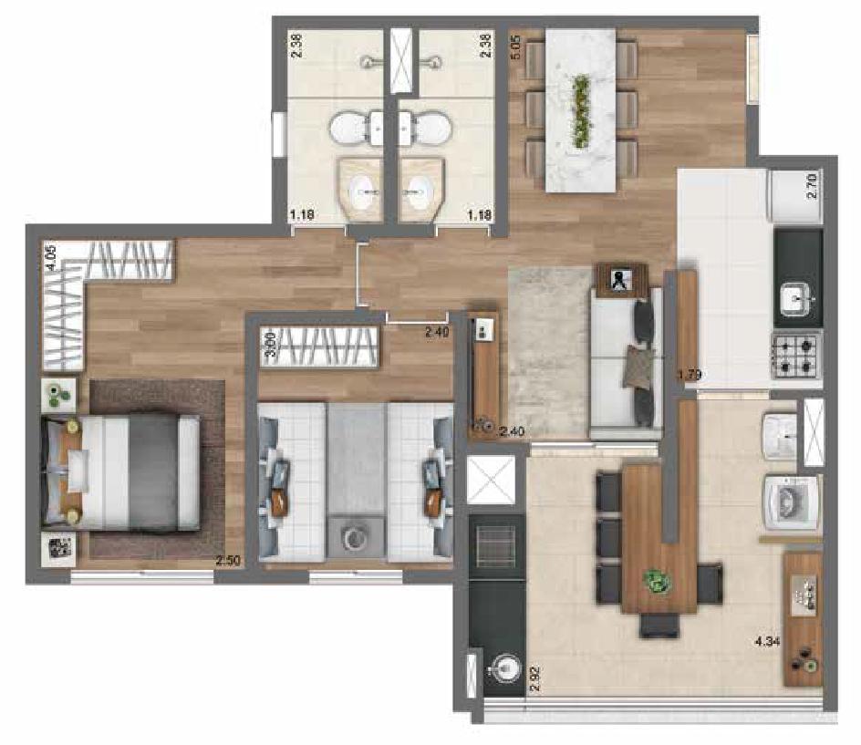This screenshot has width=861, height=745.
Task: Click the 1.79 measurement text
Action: (x=690, y=374)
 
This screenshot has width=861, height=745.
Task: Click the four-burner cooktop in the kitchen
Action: (x=797, y=355)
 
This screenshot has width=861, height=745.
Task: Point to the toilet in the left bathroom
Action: (x=348, y=129)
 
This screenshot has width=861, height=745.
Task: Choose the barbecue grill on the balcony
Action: (x=495, y=547)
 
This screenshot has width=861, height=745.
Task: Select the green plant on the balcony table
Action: (x=655, y=581)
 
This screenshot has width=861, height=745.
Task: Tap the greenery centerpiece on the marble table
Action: (x=580, y=111)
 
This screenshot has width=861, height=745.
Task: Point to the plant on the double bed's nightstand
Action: (x=57, y=395)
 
